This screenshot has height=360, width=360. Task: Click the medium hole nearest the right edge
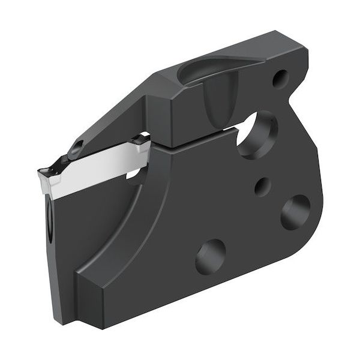tap(295, 211)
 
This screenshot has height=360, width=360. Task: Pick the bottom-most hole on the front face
tap(210, 255)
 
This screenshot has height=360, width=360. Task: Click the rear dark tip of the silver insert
tap(141, 142)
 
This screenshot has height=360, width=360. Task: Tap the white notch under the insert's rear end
tap(134, 175)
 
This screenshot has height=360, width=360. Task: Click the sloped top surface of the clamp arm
tap(114, 114)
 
